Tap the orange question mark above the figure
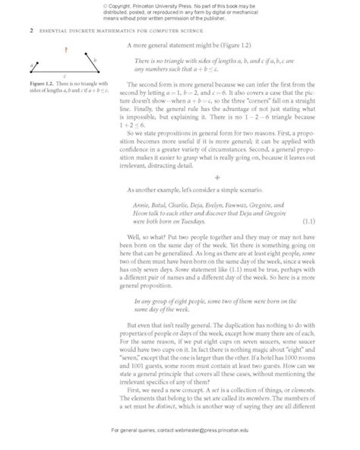[x=66, y=51]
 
